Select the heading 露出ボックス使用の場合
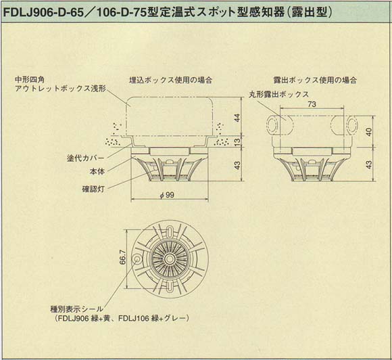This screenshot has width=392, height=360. click(316, 80)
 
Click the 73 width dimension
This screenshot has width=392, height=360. click(312, 105)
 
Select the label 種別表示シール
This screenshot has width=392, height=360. click(74, 309)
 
